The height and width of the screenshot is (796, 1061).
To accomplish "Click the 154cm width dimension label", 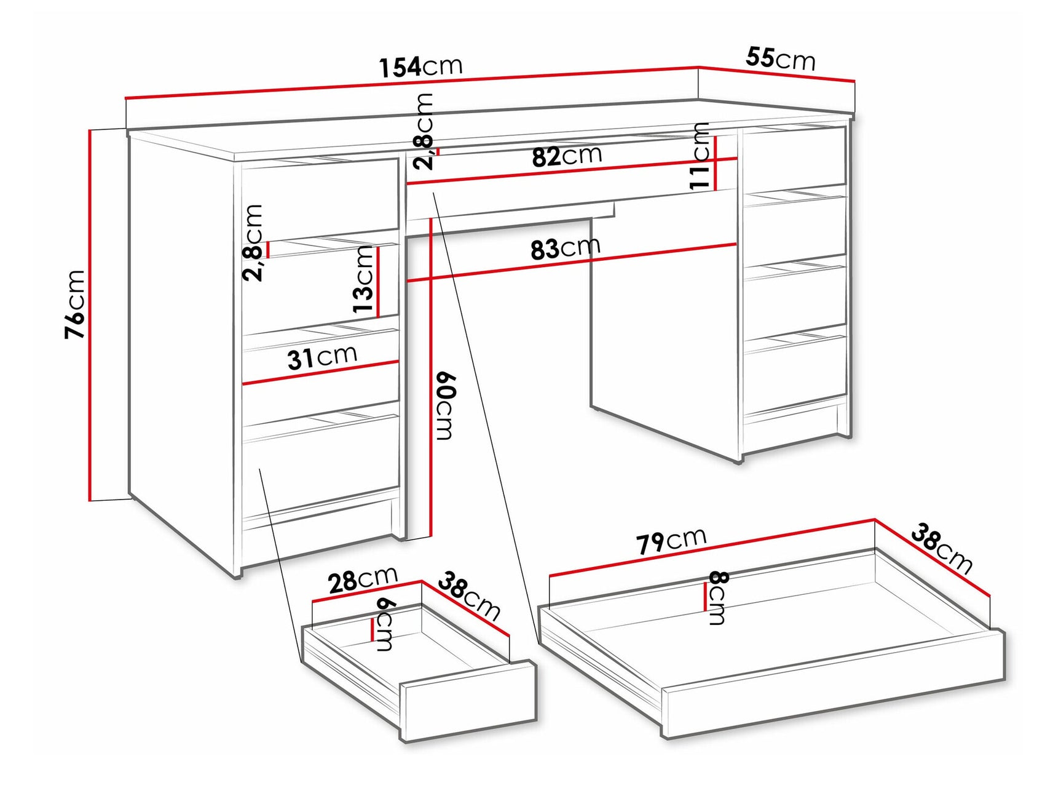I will tap(420, 66).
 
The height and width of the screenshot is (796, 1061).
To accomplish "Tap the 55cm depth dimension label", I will tap(780, 58).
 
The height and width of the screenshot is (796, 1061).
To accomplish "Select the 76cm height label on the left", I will tap(75, 304).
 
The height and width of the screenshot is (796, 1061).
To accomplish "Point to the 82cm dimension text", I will tap(566, 156).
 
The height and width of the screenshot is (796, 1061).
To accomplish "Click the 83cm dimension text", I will tap(565, 248).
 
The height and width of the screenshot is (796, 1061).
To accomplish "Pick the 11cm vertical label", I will tap(700, 156).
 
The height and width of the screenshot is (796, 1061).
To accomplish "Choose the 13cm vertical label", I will tap(364, 280).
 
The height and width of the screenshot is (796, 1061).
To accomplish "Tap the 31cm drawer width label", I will tap(322, 356).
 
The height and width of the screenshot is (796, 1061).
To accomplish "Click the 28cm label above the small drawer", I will tap(362, 579).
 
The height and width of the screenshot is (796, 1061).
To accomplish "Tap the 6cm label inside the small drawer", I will tap(384, 624).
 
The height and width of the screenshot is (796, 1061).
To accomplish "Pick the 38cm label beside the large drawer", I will tap(941, 547).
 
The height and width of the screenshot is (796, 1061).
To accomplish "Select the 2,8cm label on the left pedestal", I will tap(253, 242).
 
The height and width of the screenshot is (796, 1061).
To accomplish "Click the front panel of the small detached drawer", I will tap(467, 701).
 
